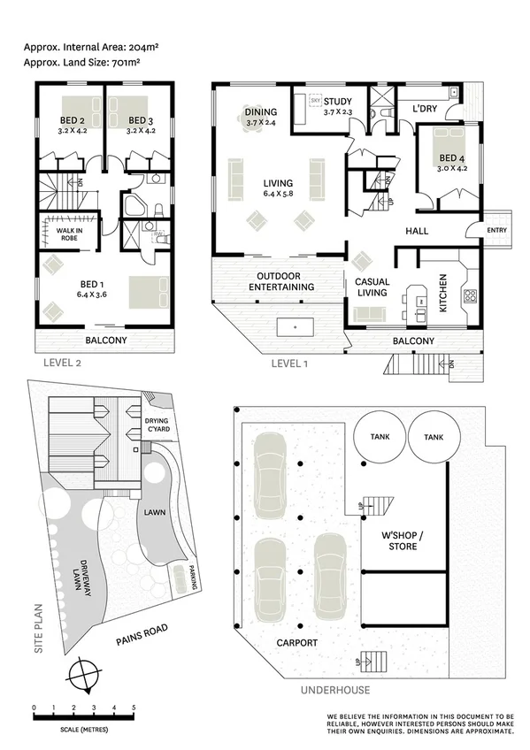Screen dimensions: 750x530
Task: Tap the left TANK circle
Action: pos(380,439)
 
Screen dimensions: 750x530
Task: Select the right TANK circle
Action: pos(434,439)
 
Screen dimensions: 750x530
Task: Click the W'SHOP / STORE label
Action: pos(399,541)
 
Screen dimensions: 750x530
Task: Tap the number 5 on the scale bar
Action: pos(134,708)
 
